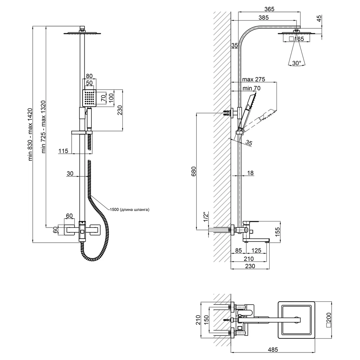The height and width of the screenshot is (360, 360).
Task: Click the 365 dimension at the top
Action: pos(269,9)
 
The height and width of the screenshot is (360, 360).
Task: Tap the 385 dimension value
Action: pos(264,17)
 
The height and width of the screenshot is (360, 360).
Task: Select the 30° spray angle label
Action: pos(297,63)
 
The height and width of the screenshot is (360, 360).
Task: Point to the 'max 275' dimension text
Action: pos(254,80)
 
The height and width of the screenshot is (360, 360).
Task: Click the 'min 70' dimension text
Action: pos(252,88)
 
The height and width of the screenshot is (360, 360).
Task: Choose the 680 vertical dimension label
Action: pos(194,171)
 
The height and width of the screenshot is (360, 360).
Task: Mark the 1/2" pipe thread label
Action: pos(206,217)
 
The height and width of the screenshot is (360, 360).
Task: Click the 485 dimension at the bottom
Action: pos(273,350)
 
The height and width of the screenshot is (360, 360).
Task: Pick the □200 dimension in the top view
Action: pos(329,320)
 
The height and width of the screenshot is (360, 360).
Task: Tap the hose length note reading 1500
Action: pos(130,210)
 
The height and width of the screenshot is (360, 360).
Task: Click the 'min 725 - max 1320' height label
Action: pos(43,126)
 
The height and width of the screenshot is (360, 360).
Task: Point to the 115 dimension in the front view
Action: pos(63,151)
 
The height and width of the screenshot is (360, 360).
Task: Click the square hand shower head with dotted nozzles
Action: pos(89,98)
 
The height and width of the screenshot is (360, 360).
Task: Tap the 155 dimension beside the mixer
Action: pos(277,232)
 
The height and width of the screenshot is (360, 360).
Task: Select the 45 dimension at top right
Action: pos(319,18)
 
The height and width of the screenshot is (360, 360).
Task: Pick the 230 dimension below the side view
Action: pos(250,266)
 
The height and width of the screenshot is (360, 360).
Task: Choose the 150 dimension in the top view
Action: pos(206,320)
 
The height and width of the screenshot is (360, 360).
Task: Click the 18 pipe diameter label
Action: pos(251,173)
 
